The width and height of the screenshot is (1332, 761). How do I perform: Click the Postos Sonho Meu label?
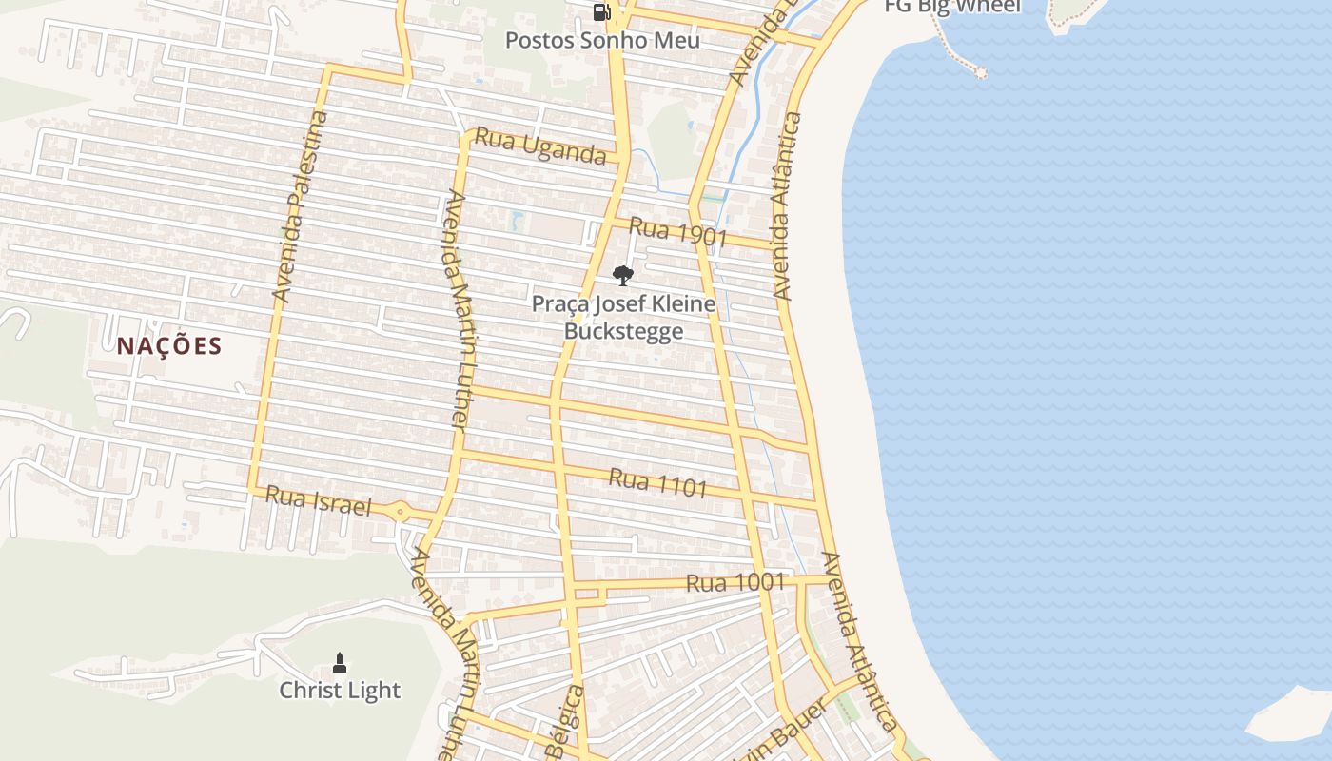point(602,40)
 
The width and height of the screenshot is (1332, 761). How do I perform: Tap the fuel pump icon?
point(601,12)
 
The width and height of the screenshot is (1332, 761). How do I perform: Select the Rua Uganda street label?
point(539,146)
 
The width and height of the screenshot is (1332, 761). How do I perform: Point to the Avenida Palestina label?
point(301,206)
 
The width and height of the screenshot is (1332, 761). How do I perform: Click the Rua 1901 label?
point(677,232)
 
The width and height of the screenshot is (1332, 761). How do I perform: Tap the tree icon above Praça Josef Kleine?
point(623,276)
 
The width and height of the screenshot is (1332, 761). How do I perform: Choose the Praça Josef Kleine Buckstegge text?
point(623,318)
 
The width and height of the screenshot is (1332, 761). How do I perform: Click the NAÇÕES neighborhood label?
point(169,346)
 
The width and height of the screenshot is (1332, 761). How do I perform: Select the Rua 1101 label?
point(657,483)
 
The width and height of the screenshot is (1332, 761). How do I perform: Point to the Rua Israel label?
point(318,500)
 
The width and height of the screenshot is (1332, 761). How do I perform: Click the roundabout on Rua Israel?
point(401,513)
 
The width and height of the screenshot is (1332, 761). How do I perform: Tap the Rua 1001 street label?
point(735,582)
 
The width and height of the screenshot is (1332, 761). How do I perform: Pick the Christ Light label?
point(340,691)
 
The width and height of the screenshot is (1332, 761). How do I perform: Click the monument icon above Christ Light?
point(340,662)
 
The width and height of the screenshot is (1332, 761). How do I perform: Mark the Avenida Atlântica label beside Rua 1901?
point(784,206)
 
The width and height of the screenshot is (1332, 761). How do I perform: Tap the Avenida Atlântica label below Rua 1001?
point(859,642)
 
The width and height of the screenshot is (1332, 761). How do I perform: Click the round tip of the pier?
point(980,72)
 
